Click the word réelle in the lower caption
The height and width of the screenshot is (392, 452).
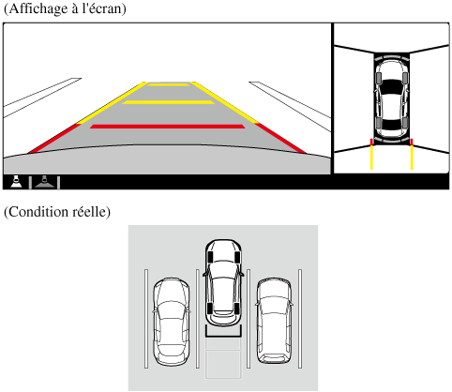coord(90,212)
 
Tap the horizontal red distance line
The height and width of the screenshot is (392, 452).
coord(168,127)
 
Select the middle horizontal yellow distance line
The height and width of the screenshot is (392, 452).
coord(168,102)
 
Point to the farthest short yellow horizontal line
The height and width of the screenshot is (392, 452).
coord(169,84)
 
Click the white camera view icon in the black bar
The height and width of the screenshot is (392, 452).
coord(16,182)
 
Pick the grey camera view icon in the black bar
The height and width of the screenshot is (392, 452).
coord(45,182)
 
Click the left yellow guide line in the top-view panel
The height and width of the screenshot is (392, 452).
coord(371,158)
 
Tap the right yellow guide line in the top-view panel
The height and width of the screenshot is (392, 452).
coord(412,158)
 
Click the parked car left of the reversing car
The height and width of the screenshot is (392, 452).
coord(171,322)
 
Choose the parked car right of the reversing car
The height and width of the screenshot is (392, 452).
coord(274,321)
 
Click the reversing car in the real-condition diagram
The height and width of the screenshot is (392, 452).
coord(223,282)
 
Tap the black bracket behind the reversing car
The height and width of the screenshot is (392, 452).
coord(223,335)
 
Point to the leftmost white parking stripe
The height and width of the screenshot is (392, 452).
coord(146,319)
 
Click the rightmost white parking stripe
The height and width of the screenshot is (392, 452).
coord(300,319)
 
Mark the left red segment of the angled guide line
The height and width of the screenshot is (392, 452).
coord(53,138)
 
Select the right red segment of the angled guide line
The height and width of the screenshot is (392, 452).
coord(280,138)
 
